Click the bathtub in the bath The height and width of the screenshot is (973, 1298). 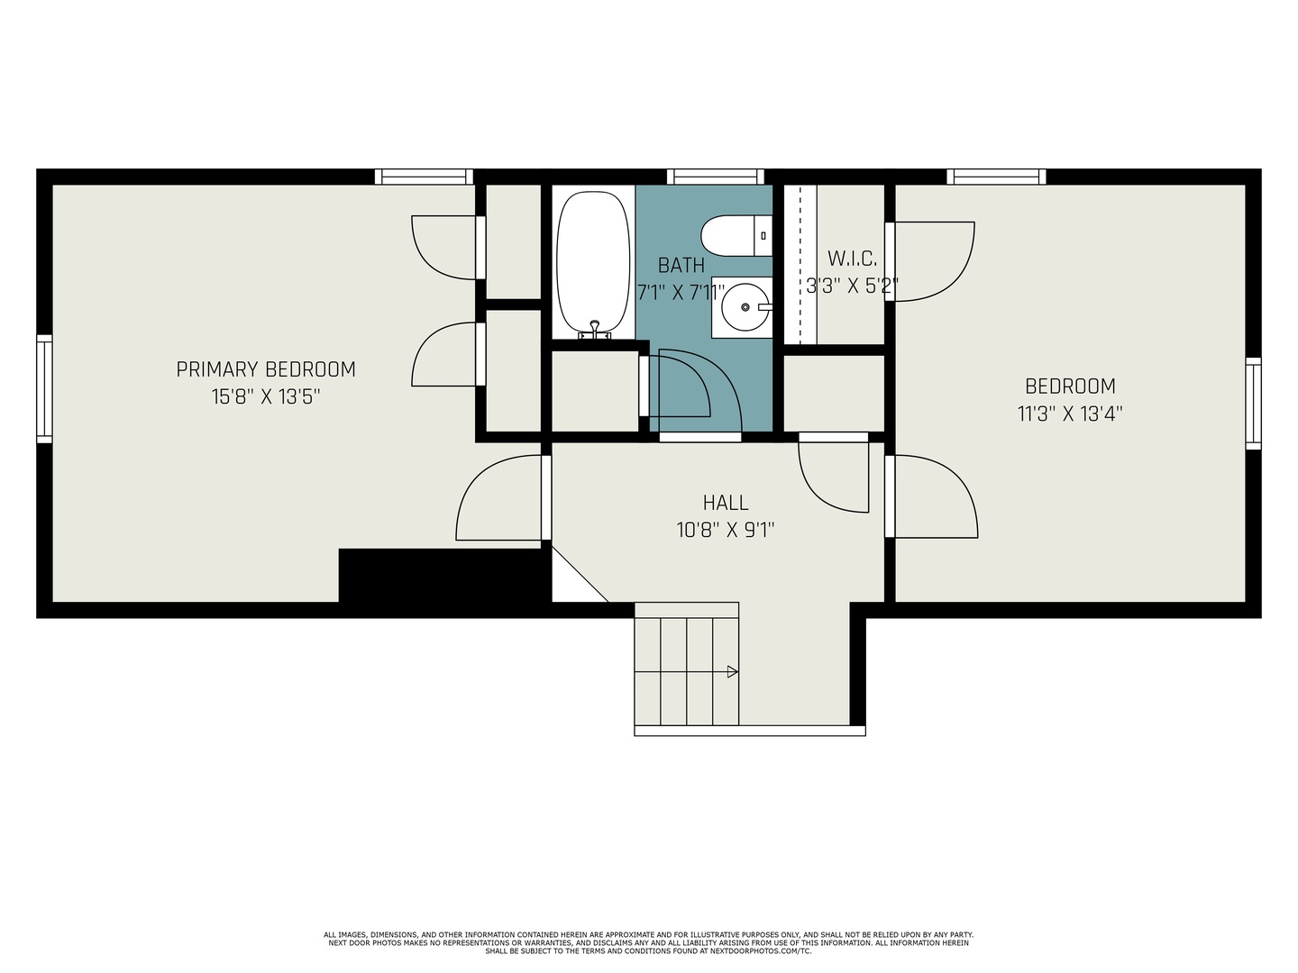point(592,263)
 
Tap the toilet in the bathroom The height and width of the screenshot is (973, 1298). point(736,236)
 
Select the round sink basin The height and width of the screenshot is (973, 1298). point(745,307)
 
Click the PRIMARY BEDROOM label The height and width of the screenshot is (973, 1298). point(266,369)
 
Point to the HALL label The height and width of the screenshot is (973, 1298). point(726,503)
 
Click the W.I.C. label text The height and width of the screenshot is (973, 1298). point(852,259)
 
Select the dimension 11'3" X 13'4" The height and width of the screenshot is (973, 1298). point(1070,414)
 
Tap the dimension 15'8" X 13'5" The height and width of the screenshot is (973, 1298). point(266,396)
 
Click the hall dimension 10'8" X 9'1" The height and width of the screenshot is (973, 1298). point(726,530)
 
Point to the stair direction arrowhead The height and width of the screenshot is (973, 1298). point(733,672)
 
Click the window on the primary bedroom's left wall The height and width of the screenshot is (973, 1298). point(44,388)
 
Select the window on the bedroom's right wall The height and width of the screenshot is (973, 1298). point(1253,403)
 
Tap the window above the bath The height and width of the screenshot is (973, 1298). point(716,177)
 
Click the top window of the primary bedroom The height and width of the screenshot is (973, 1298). point(424,177)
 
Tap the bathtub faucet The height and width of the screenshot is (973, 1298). point(595,330)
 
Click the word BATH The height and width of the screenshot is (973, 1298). point(681,266)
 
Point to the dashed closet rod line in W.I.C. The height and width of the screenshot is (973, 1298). point(800,264)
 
